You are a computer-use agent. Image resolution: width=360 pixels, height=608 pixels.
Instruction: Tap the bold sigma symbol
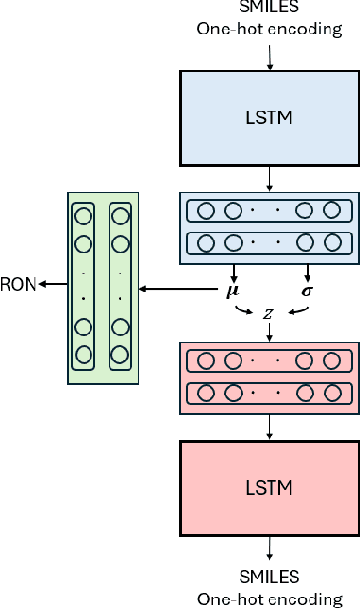tap(307, 288)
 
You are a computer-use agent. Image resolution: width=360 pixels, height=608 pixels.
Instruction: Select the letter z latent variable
tap(271, 312)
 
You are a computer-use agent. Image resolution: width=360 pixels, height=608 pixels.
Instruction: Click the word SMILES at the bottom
tap(270, 577)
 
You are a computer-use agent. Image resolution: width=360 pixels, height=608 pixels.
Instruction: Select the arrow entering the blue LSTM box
tap(270, 57)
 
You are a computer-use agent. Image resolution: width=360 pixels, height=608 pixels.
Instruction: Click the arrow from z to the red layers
tap(270, 333)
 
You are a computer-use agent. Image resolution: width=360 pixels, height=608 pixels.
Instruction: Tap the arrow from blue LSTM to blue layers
tap(270, 178)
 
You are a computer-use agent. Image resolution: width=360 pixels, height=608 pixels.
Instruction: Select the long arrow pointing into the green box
tap(180, 288)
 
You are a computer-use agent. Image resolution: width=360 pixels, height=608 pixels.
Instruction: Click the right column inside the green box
tap(120, 286)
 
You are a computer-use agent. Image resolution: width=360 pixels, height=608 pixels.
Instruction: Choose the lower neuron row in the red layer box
tap(270, 391)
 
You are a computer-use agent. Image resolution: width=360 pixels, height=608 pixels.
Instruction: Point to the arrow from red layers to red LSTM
tap(270, 428)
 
